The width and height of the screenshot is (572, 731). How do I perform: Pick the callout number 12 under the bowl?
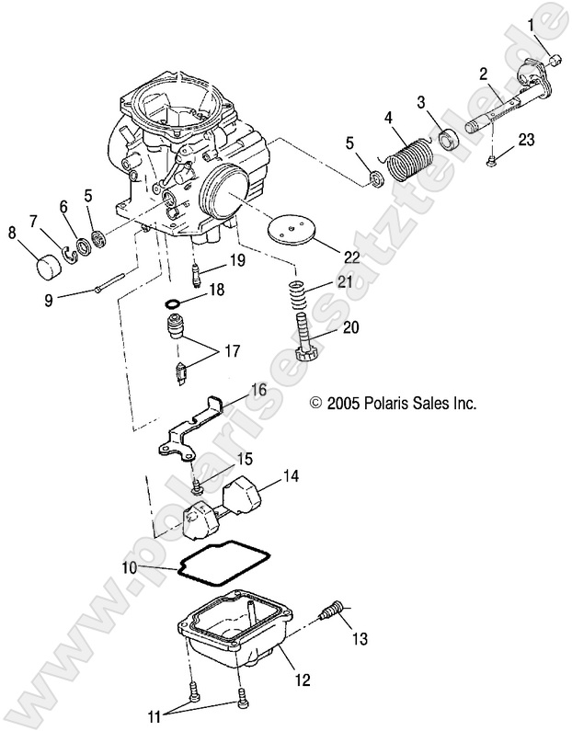pos(302,681)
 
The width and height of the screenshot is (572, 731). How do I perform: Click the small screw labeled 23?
pos(495,162)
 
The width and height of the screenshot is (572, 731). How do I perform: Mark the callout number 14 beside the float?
pos(290,476)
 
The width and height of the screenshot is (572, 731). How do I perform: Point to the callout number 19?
pos(237,261)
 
